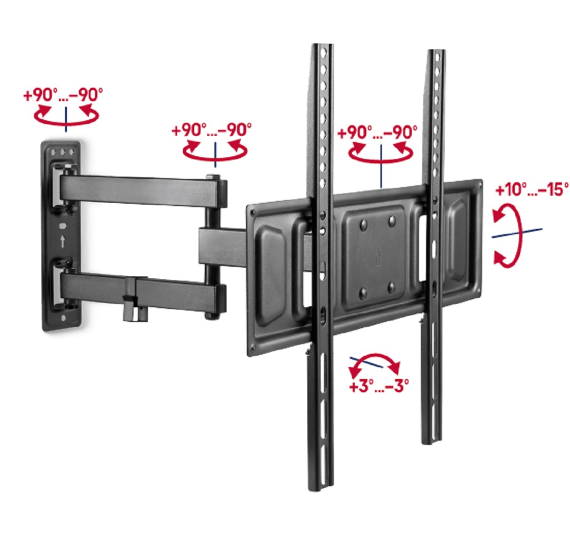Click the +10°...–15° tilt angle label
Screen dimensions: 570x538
532,189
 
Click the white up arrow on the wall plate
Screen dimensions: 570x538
63,241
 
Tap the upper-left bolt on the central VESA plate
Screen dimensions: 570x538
364,224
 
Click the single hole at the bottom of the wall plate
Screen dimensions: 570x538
64,318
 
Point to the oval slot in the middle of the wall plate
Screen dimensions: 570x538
63,226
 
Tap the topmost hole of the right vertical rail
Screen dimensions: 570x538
437,57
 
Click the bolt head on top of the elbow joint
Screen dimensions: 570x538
213,176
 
